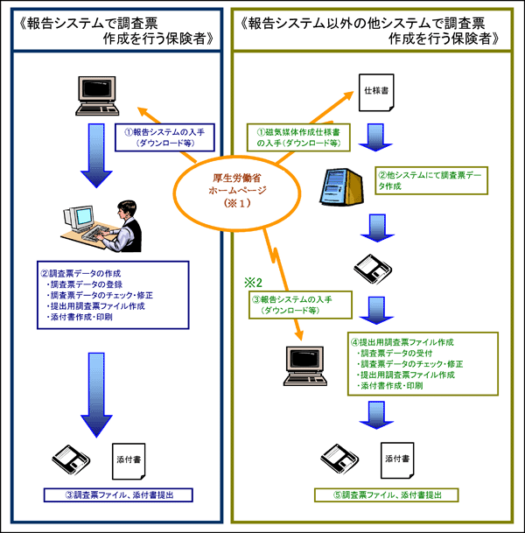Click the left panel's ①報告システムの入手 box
(x=158, y=137)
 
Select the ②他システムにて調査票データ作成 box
(x=430, y=180)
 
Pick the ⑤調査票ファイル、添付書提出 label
(x=386, y=495)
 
